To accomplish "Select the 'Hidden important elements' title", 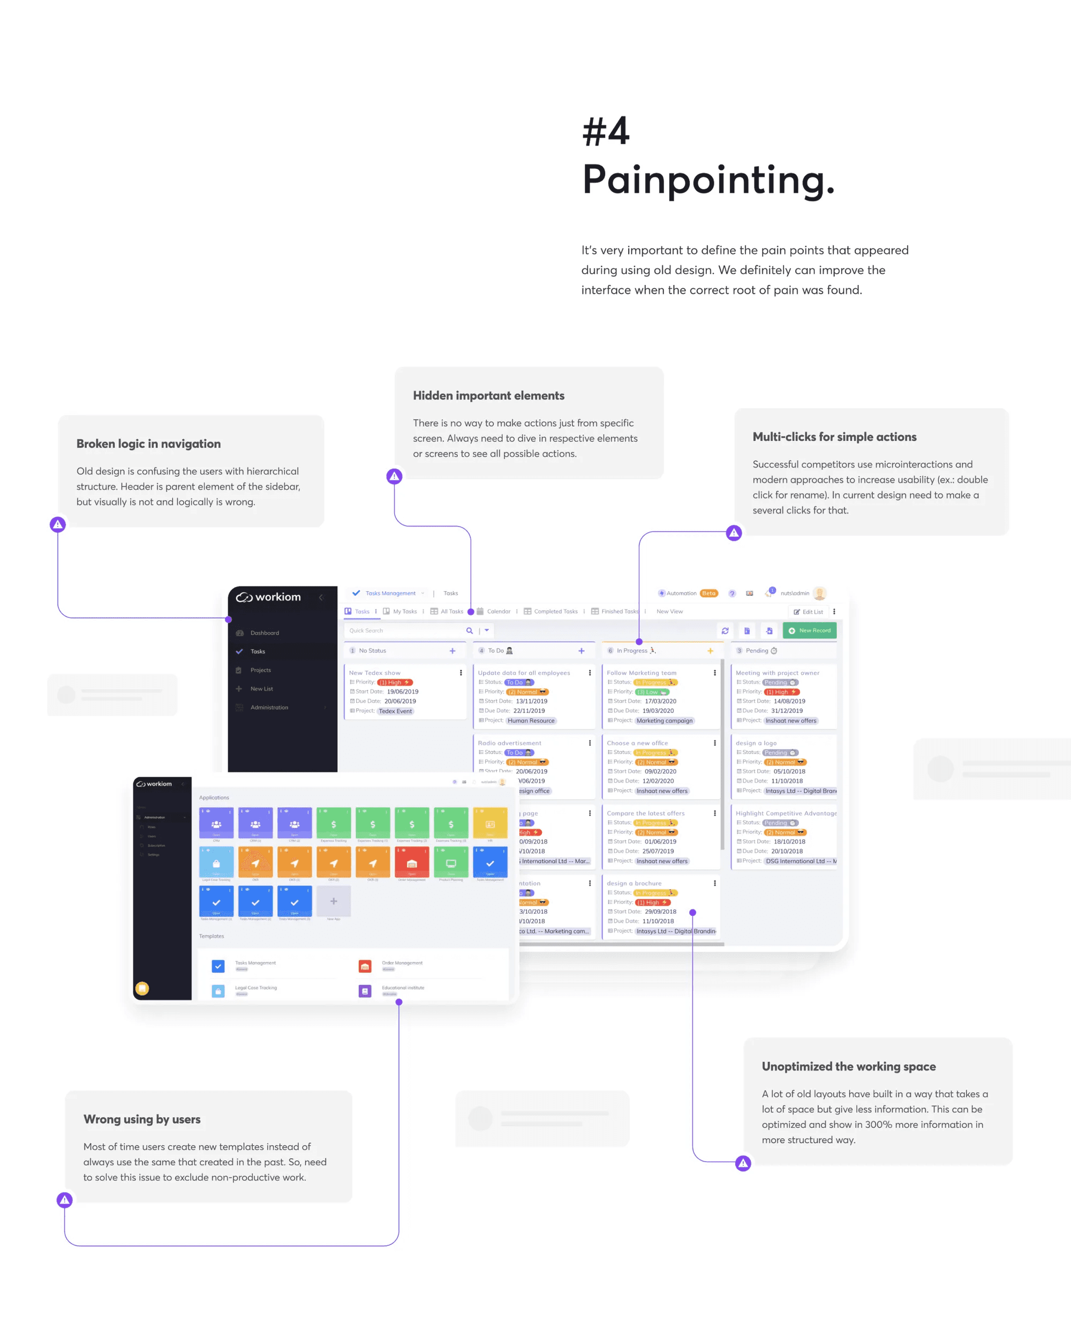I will pos(488,396).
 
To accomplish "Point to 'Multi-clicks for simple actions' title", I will pos(834,437).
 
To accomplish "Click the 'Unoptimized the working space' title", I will pos(848,1066).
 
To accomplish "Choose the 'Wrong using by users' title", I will pos(142,1119).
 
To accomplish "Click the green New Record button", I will pos(809,630).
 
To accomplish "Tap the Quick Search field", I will pos(404,630).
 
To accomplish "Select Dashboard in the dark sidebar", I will pos(265,633).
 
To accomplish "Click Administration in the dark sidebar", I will pos(269,707).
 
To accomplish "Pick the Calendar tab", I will pos(499,612).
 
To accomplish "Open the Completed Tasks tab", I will pos(555,612).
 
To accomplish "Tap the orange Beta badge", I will pos(708,593).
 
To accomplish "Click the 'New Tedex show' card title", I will pos(375,673).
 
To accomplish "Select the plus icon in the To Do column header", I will pos(581,651).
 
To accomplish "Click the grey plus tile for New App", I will pos(334,901).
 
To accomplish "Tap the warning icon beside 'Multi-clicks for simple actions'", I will pos(734,533).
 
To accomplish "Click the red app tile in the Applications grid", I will pos(411,863).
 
